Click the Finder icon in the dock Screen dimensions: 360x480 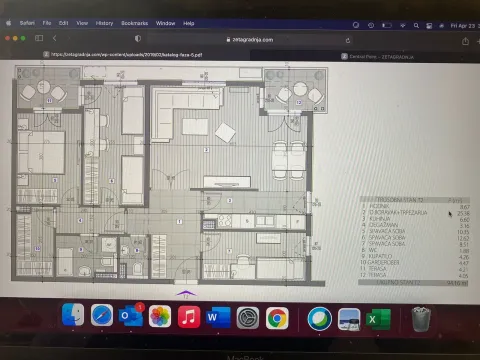(72, 316)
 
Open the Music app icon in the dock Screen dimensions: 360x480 (187, 317)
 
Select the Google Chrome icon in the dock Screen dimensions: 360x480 (277, 318)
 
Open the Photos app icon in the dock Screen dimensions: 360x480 (158, 317)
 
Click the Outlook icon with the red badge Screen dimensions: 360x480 (131, 316)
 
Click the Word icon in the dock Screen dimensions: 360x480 (216, 317)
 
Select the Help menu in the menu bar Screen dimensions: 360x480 (189, 23)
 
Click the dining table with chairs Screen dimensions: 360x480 (289, 155)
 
